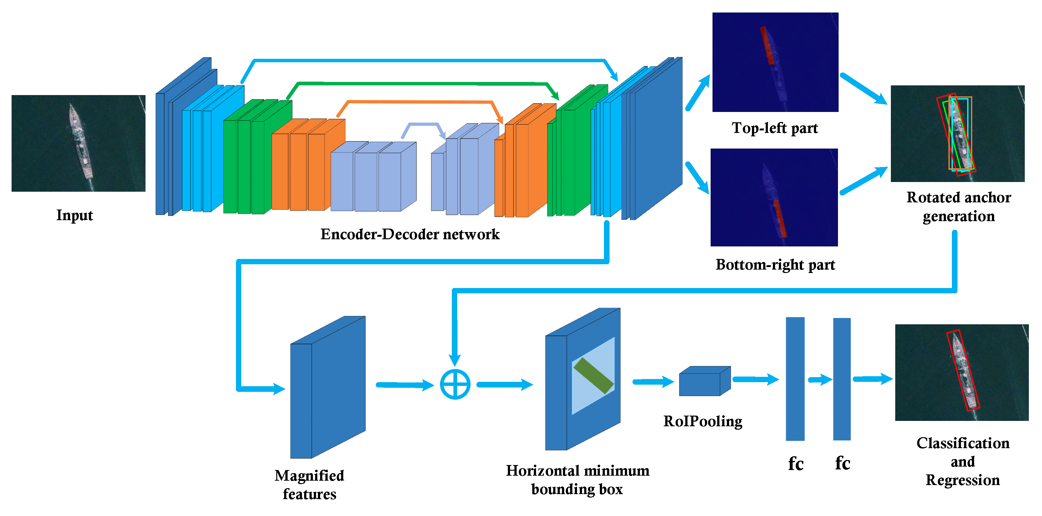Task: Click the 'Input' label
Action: point(74,215)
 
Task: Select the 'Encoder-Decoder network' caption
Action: point(410,234)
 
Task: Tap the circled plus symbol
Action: point(455,384)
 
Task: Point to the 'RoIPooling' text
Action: point(702,421)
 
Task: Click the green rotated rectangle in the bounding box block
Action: point(593,376)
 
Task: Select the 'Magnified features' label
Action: point(309,484)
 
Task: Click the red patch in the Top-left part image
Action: point(767,46)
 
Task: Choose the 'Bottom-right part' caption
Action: point(775,265)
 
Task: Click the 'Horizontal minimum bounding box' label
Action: point(577,480)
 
